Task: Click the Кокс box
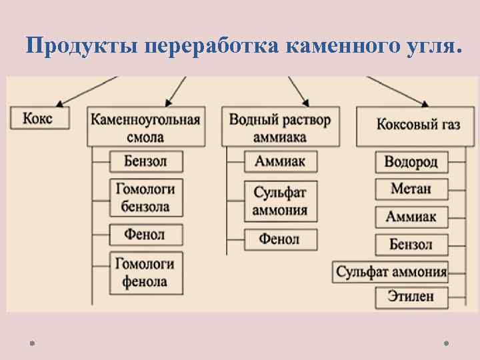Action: point(37,119)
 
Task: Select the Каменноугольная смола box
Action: point(145,128)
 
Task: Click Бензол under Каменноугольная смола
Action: point(145,161)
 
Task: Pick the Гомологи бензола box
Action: point(145,197)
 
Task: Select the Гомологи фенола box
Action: point(145,272)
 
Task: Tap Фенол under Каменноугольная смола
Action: point(145,235)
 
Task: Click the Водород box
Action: point(411,162)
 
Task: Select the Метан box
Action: point(411,189)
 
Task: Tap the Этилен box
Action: point(411,296)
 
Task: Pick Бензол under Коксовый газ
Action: point(411,244)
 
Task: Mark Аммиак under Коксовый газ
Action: point(411,217)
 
